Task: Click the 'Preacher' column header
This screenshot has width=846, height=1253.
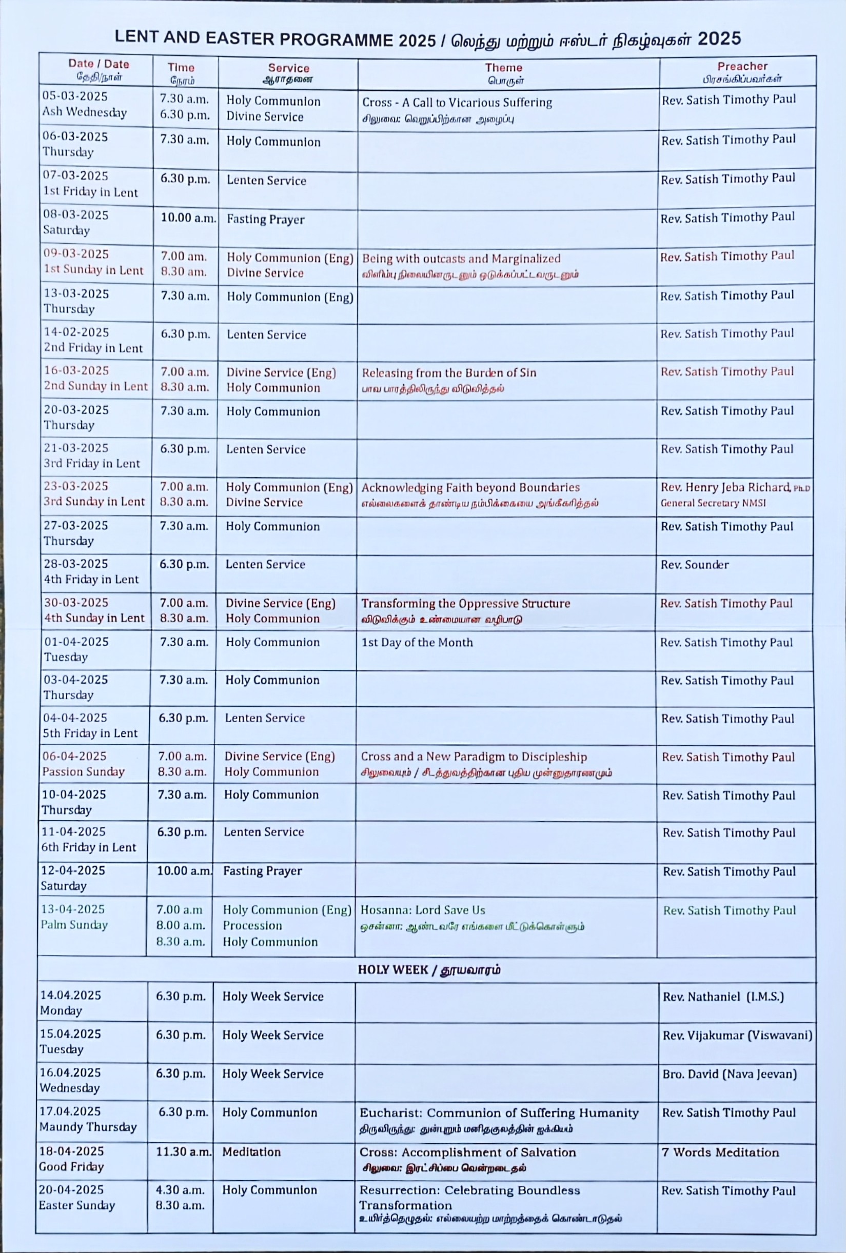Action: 742,66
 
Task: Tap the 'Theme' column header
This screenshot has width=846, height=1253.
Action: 503,68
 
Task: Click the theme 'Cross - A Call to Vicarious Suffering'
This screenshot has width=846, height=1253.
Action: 457,103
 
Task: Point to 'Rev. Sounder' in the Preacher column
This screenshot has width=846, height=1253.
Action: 695,565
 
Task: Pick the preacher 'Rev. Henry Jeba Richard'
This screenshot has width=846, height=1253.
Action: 725,487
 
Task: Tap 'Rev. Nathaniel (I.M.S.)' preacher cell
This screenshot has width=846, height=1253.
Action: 722,997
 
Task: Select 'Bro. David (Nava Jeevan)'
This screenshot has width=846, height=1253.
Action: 729,1074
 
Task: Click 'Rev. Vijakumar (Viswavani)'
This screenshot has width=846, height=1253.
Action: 737,1035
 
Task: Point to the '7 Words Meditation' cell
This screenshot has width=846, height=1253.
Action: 720,1152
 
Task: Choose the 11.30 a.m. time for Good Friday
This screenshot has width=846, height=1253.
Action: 183,1151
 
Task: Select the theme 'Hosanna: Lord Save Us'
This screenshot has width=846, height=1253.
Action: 422,910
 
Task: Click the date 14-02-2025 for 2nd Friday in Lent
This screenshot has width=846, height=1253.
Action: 76,332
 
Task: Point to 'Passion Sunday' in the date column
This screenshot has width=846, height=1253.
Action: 84,771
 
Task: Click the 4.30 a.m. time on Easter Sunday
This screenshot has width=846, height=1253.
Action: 180,1190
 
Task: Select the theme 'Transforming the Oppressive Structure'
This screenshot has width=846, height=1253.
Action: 465,603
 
